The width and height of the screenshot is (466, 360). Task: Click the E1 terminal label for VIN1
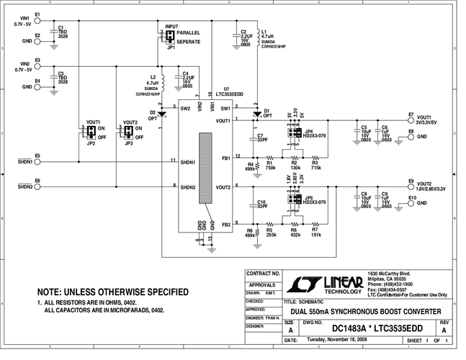coord(37,14)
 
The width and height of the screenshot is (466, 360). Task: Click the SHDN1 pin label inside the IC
coord(189,163)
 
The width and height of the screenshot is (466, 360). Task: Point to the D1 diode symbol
coord(257,114)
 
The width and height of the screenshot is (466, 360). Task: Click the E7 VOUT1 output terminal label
coord(410,114)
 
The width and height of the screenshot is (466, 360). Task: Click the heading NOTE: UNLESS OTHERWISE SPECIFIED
coord(113,292)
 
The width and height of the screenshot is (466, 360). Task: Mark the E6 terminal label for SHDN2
coord(37,180)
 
